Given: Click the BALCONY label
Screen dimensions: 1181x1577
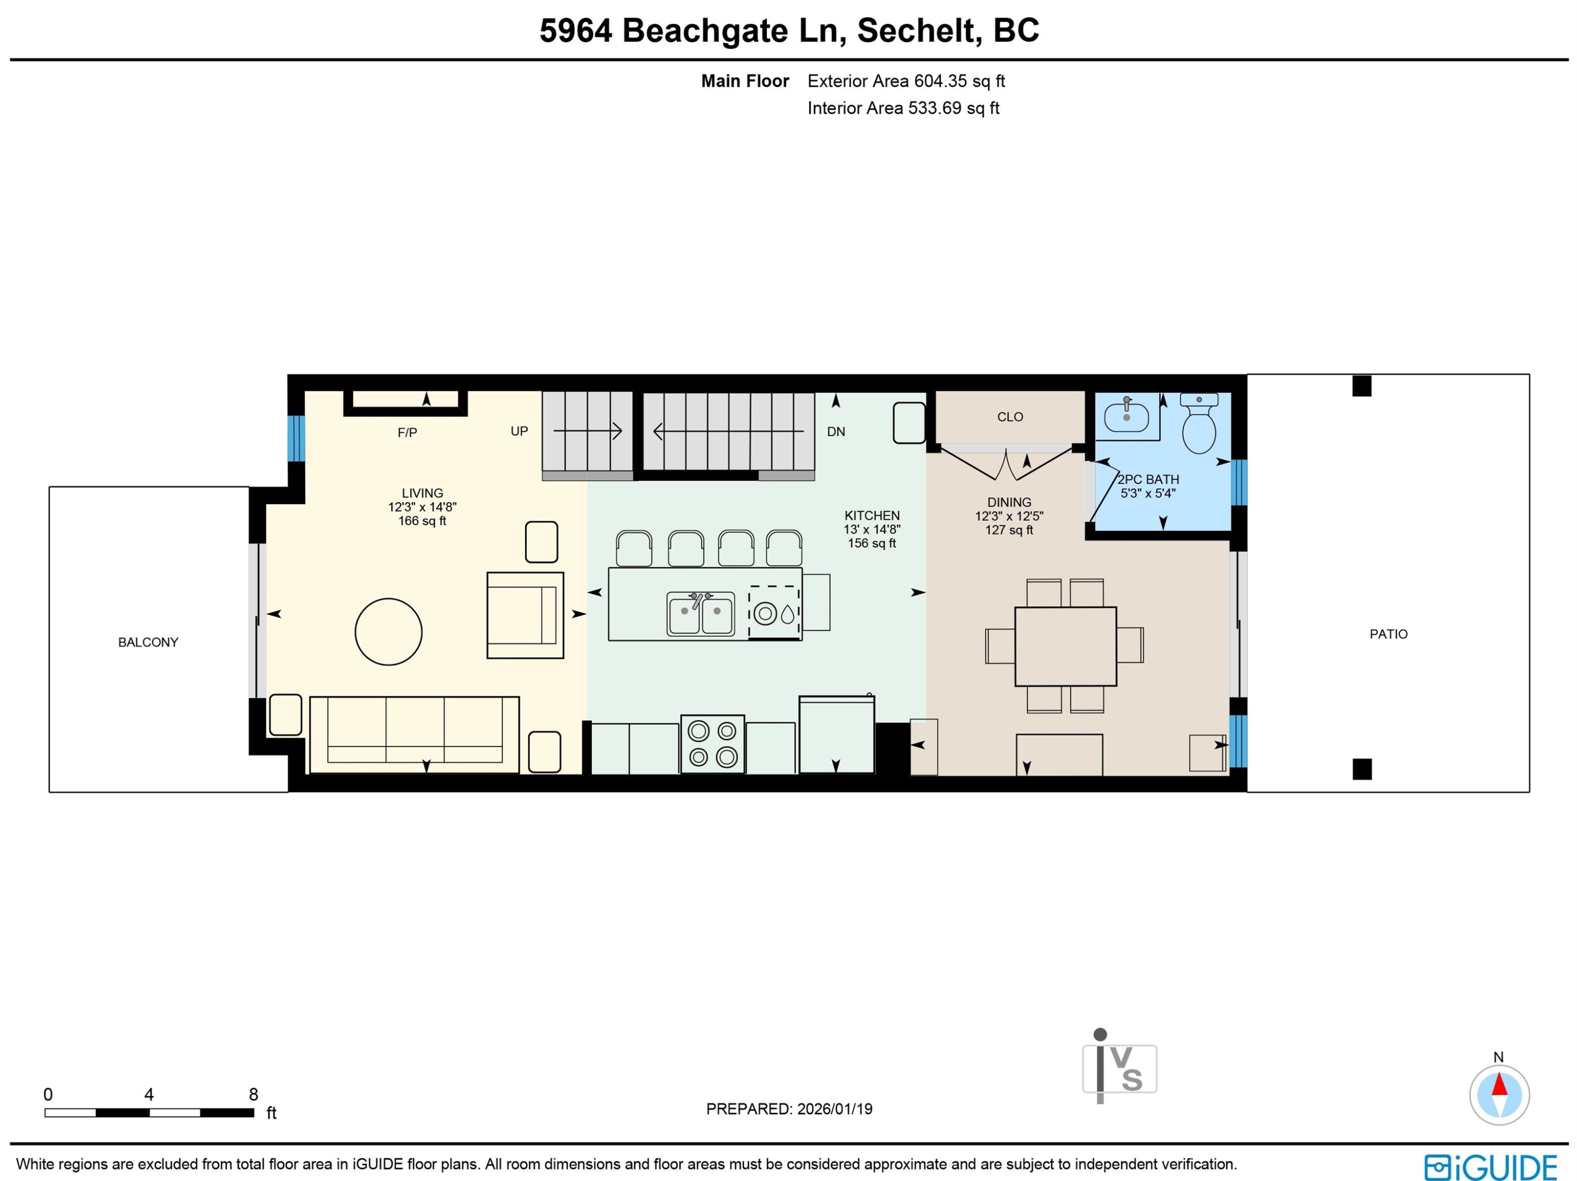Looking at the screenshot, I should point(148,642).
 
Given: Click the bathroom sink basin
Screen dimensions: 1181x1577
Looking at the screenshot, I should point(1126,415).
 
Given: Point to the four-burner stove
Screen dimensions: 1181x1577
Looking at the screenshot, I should point(712,744).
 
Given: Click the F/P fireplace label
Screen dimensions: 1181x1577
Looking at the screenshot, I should point(407,432).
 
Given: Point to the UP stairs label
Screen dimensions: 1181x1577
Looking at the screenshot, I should point(519,431).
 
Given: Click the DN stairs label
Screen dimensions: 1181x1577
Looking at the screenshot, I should point(836,432).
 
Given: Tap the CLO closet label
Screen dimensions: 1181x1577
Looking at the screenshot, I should point(1009,416).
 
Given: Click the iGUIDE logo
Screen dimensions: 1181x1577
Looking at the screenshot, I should point(1490,1167).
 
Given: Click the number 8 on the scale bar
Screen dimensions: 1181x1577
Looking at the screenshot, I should point(253,1094).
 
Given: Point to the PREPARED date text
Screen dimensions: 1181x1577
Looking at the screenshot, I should point(788,1109).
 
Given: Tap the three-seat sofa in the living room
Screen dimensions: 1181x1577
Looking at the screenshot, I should point(414,735).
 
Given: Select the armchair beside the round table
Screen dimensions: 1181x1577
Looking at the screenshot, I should point(525,615).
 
